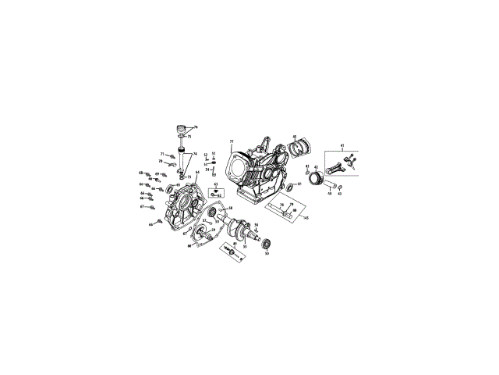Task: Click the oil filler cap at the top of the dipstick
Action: coord(184,130)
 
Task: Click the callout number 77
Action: coord(232,141)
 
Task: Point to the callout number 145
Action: coord(306,217)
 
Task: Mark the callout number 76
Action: coord(196,127)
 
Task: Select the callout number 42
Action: coord(316,166)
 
